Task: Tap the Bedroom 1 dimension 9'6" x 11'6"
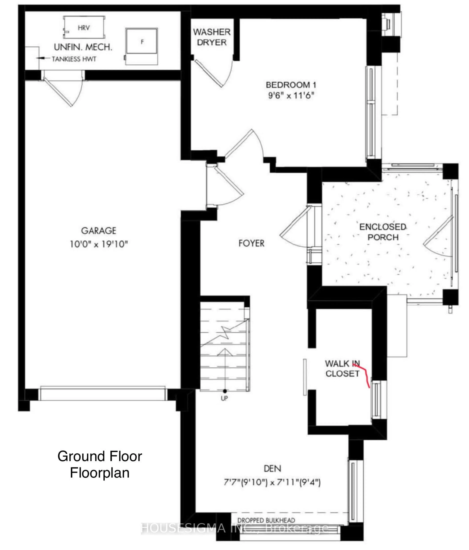(x=291, y=96)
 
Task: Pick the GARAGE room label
(x=99, y=231)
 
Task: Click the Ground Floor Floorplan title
(x=100, y=465)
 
